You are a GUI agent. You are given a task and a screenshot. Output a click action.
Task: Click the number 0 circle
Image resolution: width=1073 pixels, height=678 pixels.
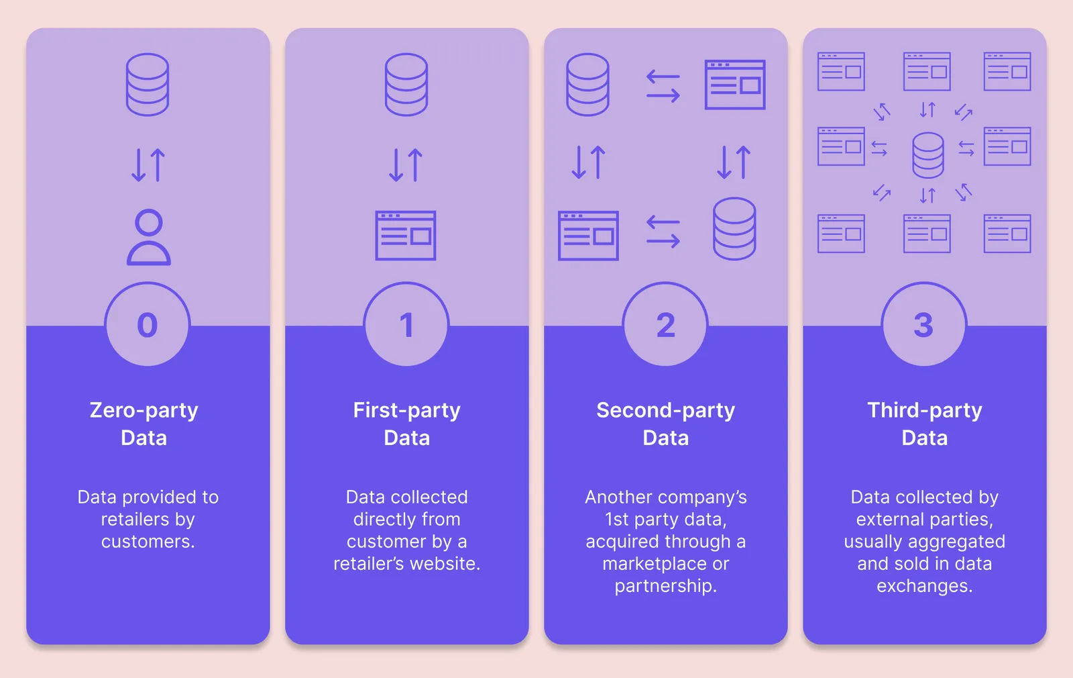pos(148,325)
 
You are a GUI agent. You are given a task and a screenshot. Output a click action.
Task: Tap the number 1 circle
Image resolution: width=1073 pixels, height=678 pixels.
pos(406,325)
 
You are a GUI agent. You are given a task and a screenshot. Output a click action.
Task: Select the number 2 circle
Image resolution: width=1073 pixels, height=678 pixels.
pos(665,325)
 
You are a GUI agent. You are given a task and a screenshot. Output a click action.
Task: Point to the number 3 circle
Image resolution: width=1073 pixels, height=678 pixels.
pos(924,325)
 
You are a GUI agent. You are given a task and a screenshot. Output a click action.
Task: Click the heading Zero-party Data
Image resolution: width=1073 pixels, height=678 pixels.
pos(144,424)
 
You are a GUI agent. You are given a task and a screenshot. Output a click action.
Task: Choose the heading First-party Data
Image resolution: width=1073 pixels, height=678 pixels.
pos(406,424)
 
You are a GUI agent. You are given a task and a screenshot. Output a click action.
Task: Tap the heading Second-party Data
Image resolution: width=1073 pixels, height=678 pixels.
pos(665,424)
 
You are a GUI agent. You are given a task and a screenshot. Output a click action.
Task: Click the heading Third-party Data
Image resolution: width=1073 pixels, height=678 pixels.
pos(925,424)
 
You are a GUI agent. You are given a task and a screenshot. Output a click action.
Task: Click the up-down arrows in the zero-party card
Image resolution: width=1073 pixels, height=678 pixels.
pos(148,165)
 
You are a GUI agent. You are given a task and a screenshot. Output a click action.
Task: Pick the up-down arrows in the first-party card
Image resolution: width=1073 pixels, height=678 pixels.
pos(406,165)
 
